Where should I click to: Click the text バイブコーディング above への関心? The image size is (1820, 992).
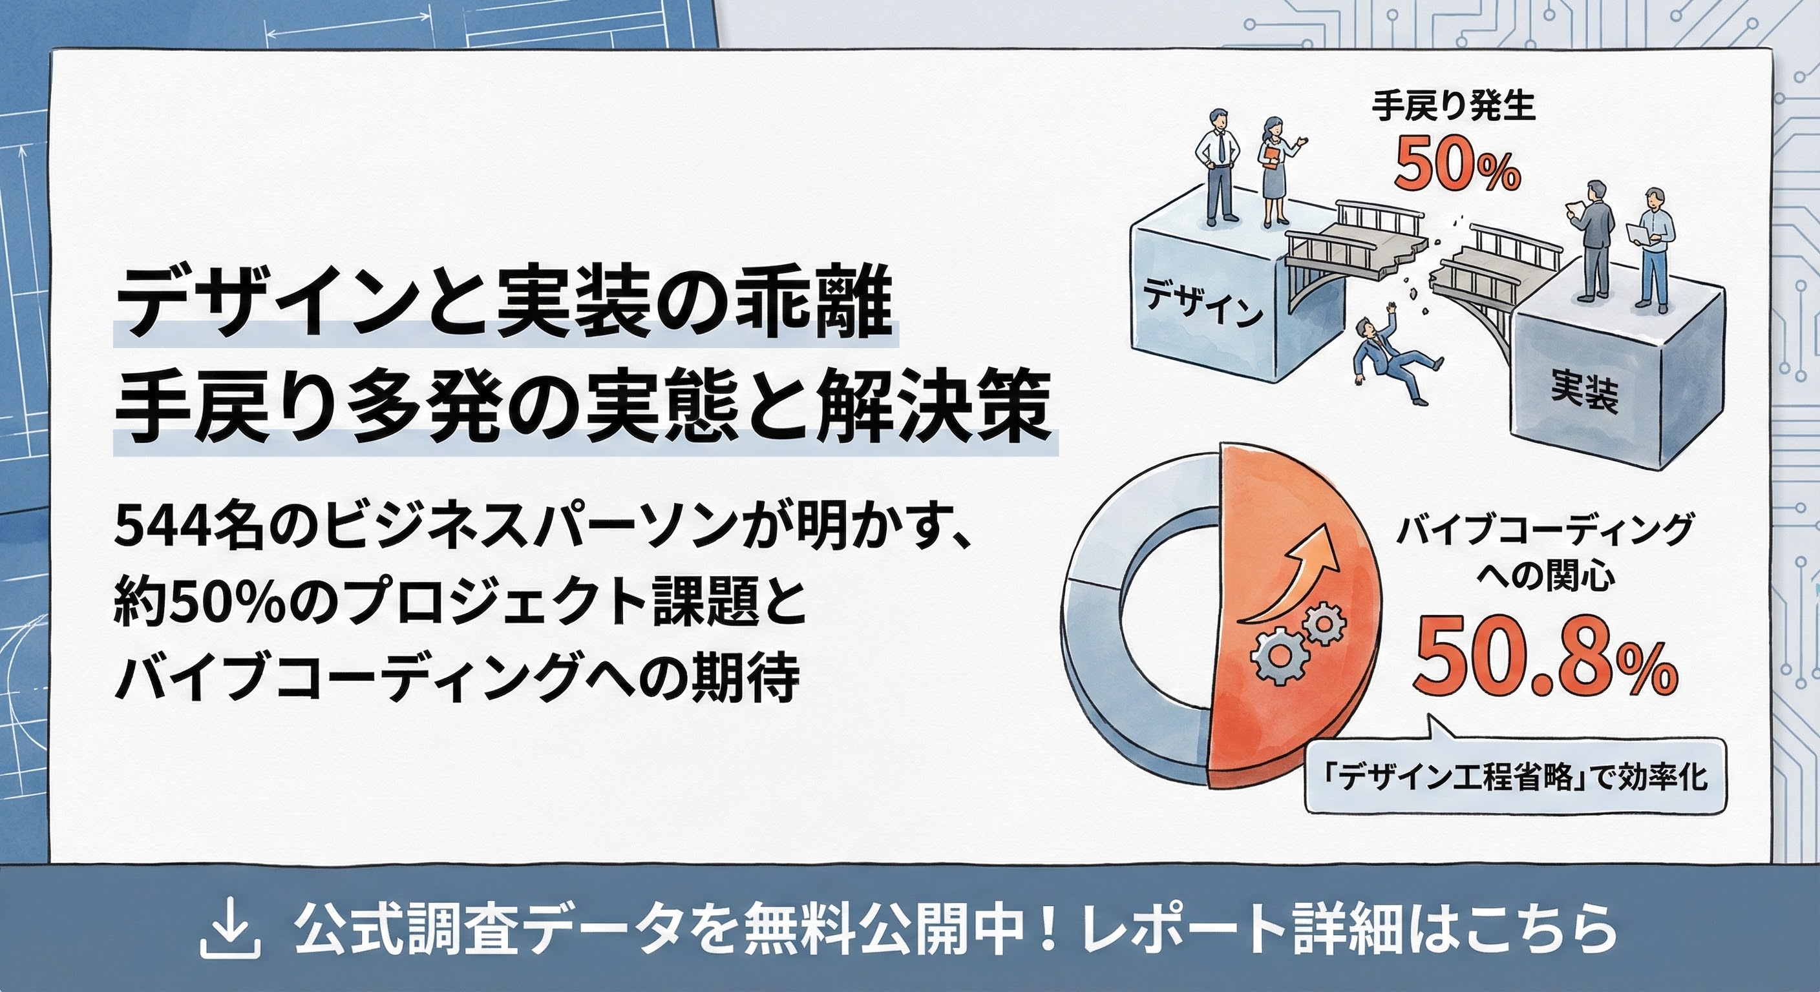pos(1545,530)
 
